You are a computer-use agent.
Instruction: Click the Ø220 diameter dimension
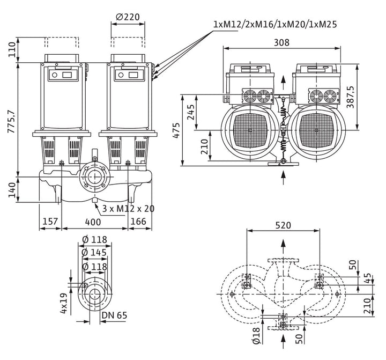pos(128,17)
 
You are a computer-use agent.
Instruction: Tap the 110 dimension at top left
pos(12,49)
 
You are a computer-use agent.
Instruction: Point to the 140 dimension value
pos(12,190)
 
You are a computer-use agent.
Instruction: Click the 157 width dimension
pos(50,221)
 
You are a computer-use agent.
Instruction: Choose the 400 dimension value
pos(93,222)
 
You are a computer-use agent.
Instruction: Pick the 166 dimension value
pos(138,221)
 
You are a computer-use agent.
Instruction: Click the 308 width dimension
pos(281,42)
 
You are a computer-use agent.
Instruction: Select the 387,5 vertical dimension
pos(350,97)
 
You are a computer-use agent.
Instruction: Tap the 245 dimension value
pos(191,112)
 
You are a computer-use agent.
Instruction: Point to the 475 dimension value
pos(176,130)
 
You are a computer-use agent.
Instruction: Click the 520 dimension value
pos(283,225)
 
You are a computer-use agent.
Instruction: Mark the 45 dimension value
pos(368,278)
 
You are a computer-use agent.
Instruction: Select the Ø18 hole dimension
pos(256,335)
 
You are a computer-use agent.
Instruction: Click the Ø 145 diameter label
pos(94,252)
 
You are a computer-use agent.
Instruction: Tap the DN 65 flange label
pos(115,315)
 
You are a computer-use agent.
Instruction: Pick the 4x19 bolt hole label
pos(64,303)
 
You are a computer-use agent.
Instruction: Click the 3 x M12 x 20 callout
pos(128,209)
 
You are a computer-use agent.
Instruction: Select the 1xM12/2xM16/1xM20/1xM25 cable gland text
pos(275,24)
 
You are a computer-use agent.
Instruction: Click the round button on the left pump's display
pos(55,75)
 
